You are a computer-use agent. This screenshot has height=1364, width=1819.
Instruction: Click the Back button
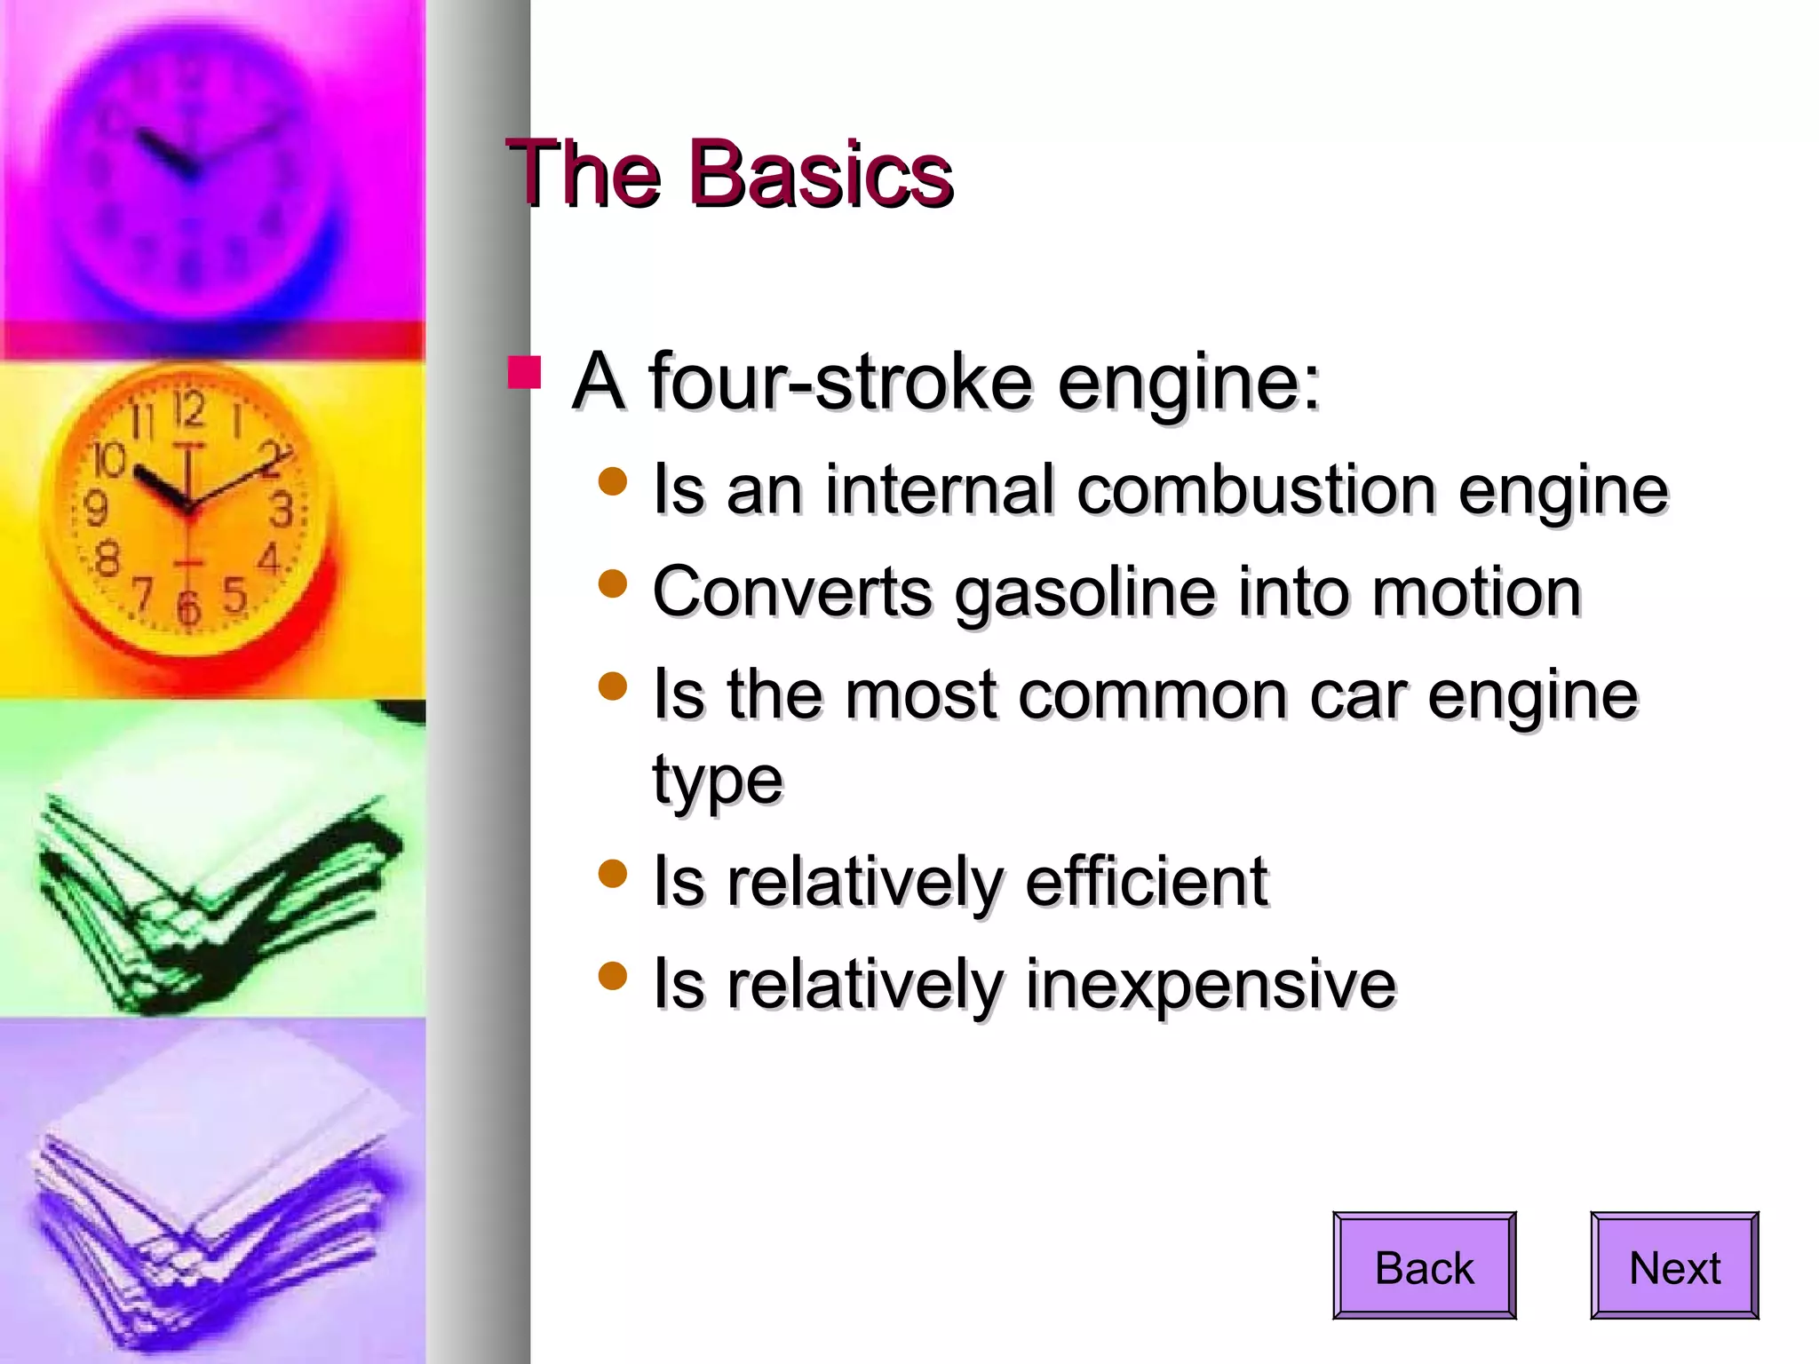1424,1265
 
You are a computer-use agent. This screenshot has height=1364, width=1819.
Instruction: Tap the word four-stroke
841,382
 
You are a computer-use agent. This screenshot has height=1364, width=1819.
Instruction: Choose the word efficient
1147,882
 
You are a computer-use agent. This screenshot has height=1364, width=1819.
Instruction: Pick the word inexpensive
1211,984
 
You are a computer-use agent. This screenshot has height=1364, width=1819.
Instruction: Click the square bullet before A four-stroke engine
524,373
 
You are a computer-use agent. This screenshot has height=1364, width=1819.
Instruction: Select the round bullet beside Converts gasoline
613,584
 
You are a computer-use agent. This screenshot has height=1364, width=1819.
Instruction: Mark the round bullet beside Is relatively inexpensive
613,976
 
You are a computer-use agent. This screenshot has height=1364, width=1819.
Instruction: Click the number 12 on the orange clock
189,411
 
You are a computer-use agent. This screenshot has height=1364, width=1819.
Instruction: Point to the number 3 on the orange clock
282,510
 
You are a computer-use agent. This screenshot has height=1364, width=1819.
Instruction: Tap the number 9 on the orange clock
96,509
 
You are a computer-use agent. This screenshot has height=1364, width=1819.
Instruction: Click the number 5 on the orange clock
234,594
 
